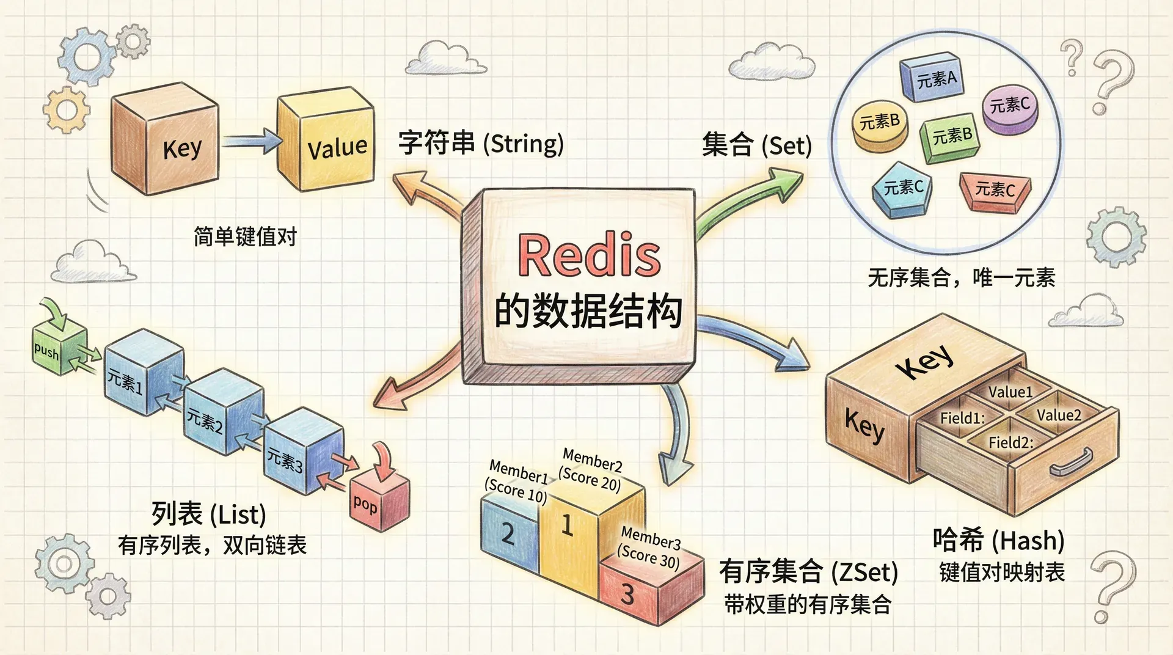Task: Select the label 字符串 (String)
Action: (x=481, y=144)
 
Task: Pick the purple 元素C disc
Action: (x=1009, y=108)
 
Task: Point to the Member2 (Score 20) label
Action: (x=591, y=469)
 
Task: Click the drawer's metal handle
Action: (x=1072, y=463)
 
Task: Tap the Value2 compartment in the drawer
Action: (x=1058, y=415)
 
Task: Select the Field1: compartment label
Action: (x=962, y=419)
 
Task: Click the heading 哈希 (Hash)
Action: (x=998, y=540)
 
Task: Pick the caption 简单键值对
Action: (x=245, y=236)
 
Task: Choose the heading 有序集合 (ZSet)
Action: (x=808, y=572)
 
